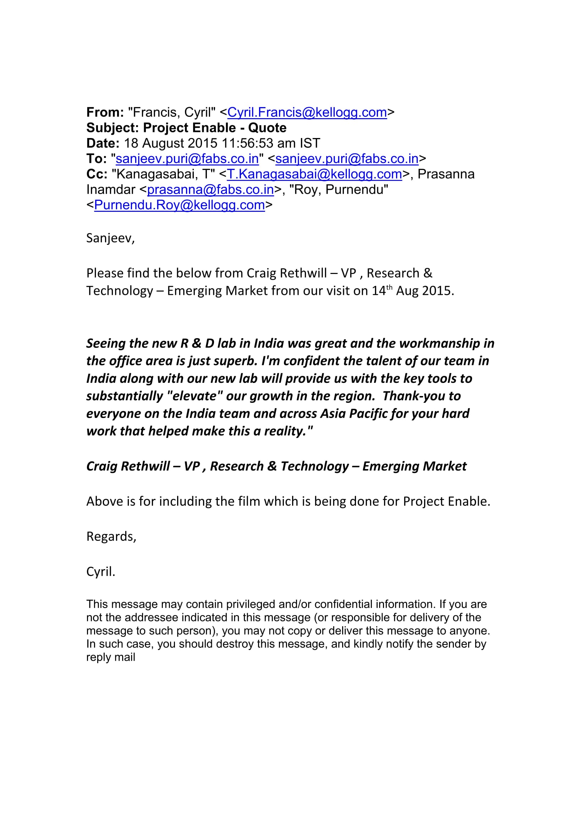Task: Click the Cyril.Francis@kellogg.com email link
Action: tap(307, 112)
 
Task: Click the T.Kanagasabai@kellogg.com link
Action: tap(314, 174)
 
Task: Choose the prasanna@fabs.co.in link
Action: tap(210, 190)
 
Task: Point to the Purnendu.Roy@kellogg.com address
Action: tap(179, 205)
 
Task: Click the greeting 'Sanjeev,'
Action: tap(110, 238)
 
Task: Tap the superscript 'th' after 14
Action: tap(389, 288)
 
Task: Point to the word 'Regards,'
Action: tap(111, 537)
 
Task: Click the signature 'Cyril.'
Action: tap(100, 572)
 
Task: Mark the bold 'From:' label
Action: tap(105, 112)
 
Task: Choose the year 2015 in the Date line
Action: tap(202, 143)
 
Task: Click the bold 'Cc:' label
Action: tap(97, 174)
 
